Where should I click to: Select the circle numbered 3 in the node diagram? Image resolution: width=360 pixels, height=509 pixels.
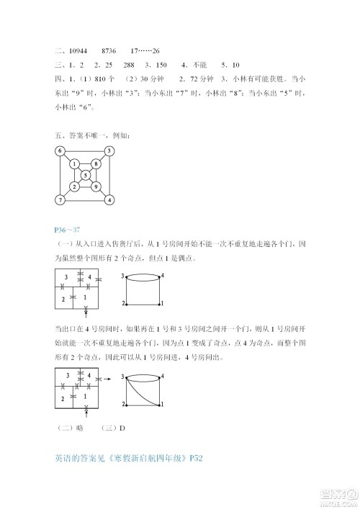click(109, 151)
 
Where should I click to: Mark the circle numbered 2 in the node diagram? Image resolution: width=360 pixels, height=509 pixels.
click(73, 187)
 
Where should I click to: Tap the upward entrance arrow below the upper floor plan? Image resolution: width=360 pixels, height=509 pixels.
click(86, 310)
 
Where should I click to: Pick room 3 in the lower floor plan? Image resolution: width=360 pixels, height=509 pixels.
click(66, 376)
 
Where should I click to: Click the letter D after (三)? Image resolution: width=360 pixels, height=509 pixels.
click(123, 428)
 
